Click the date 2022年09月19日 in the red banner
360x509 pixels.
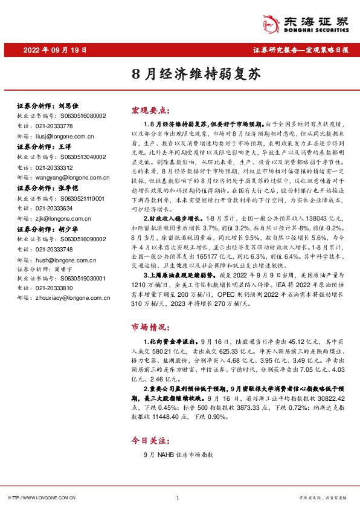(x=55, y=50)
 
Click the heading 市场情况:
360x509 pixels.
(x=149, y=328)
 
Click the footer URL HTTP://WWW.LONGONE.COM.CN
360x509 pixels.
(x=41, y=498)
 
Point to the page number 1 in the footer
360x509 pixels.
(x=178, y=498)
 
